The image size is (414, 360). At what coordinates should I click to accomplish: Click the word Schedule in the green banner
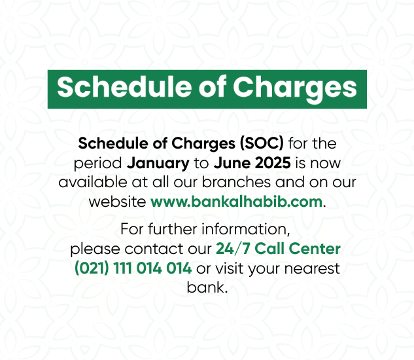(x=124, y=87)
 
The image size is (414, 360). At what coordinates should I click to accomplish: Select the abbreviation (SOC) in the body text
(x=262, y=144)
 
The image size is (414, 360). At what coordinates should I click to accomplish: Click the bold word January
(x=158, y=164)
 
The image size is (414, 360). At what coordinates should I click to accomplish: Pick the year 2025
(x=271, y=163)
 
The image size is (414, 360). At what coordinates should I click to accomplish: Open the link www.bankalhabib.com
(x=236, y=202)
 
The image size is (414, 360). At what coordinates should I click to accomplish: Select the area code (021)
(x=92, y=268)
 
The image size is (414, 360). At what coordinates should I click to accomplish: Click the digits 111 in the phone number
(x=122, y=268)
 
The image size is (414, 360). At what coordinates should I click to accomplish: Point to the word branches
(x=236, y=183)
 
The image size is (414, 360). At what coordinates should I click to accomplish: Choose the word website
(x=117, y=202)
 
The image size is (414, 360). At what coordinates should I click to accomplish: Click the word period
(x=97, y=164)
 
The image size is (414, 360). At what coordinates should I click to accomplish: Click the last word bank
(x=207, y=287)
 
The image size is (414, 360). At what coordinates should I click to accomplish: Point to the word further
(x=173, y=229)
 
